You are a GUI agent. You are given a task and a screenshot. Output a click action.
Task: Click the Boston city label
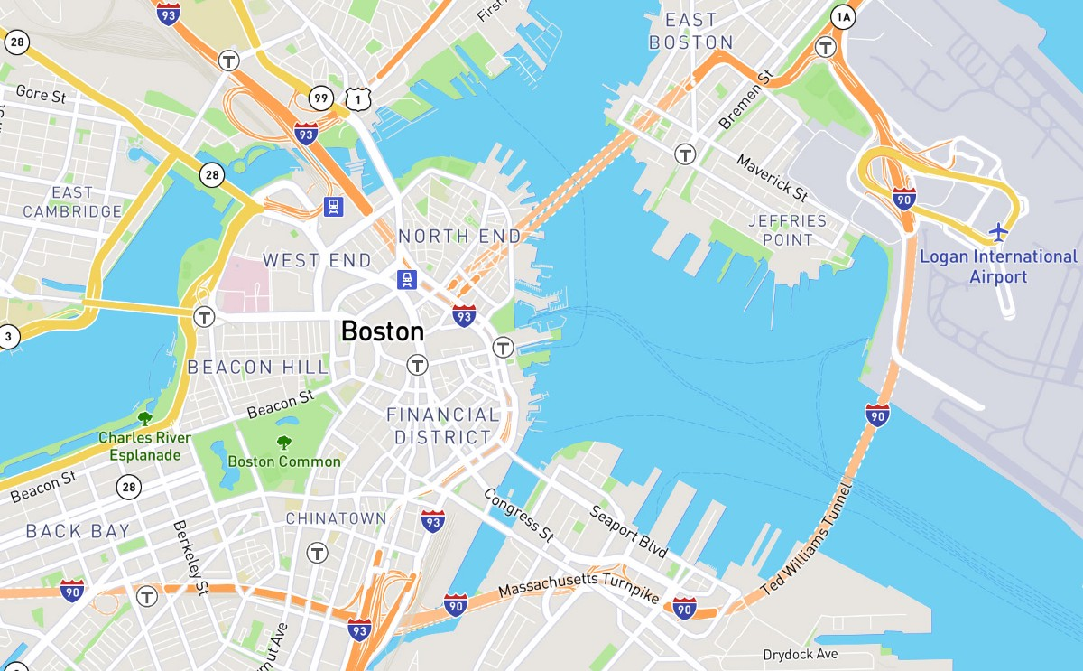[x=383, y=331]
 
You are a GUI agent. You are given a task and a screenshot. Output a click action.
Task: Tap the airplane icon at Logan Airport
[x=998, y=232]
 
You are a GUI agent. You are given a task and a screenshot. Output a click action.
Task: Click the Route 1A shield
[x=843, y=16]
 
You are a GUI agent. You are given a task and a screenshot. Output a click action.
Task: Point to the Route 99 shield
[x=320, y=97]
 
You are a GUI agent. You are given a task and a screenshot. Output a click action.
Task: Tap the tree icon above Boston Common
[x=284, y=443]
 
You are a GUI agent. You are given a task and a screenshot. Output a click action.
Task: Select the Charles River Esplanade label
[x=144, y=446]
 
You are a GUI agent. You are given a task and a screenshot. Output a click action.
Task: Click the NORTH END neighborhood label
[x=459, y=237]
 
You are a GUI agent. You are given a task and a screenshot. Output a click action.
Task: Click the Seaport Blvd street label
[x=629, y=531]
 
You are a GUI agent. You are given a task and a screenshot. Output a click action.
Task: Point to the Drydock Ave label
[x=801, y=654]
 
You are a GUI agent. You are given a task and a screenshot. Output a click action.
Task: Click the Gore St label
[x=42, y=93]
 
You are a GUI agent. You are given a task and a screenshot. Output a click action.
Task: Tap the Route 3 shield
[x=7, y=338]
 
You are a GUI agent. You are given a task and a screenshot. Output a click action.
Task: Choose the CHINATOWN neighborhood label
[x=336, y=518]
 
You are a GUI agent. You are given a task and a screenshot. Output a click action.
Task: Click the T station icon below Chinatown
[x=317, y=553]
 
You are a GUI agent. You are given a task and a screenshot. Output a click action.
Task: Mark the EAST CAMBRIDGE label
[x=72, y=202]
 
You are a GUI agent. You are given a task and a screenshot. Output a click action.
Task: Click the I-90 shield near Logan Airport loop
[x=904, y=198]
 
